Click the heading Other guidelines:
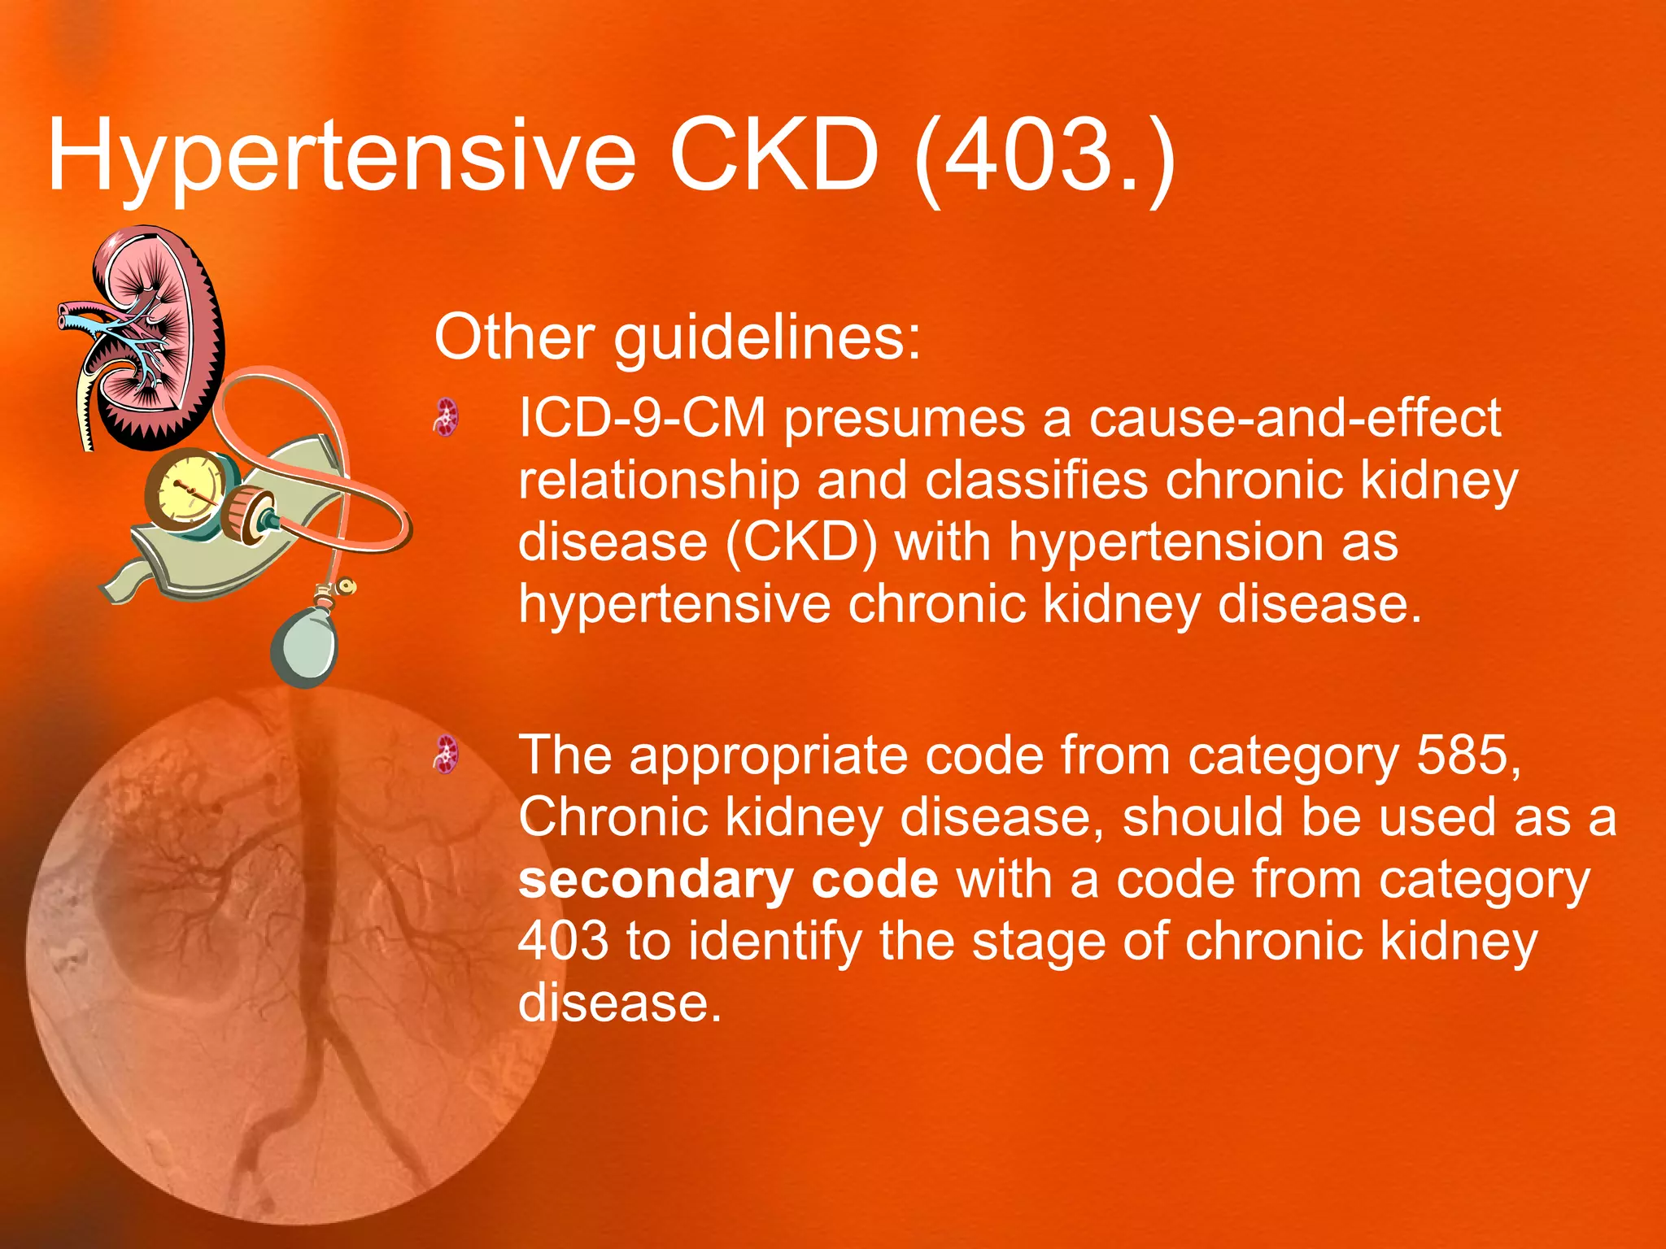coord(678,337)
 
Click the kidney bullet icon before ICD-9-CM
coord(446,418)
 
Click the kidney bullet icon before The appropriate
coord(446,755)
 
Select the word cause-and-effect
coord(1295,418)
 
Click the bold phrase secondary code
coord(728,880)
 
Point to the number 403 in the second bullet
coord(563,942)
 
